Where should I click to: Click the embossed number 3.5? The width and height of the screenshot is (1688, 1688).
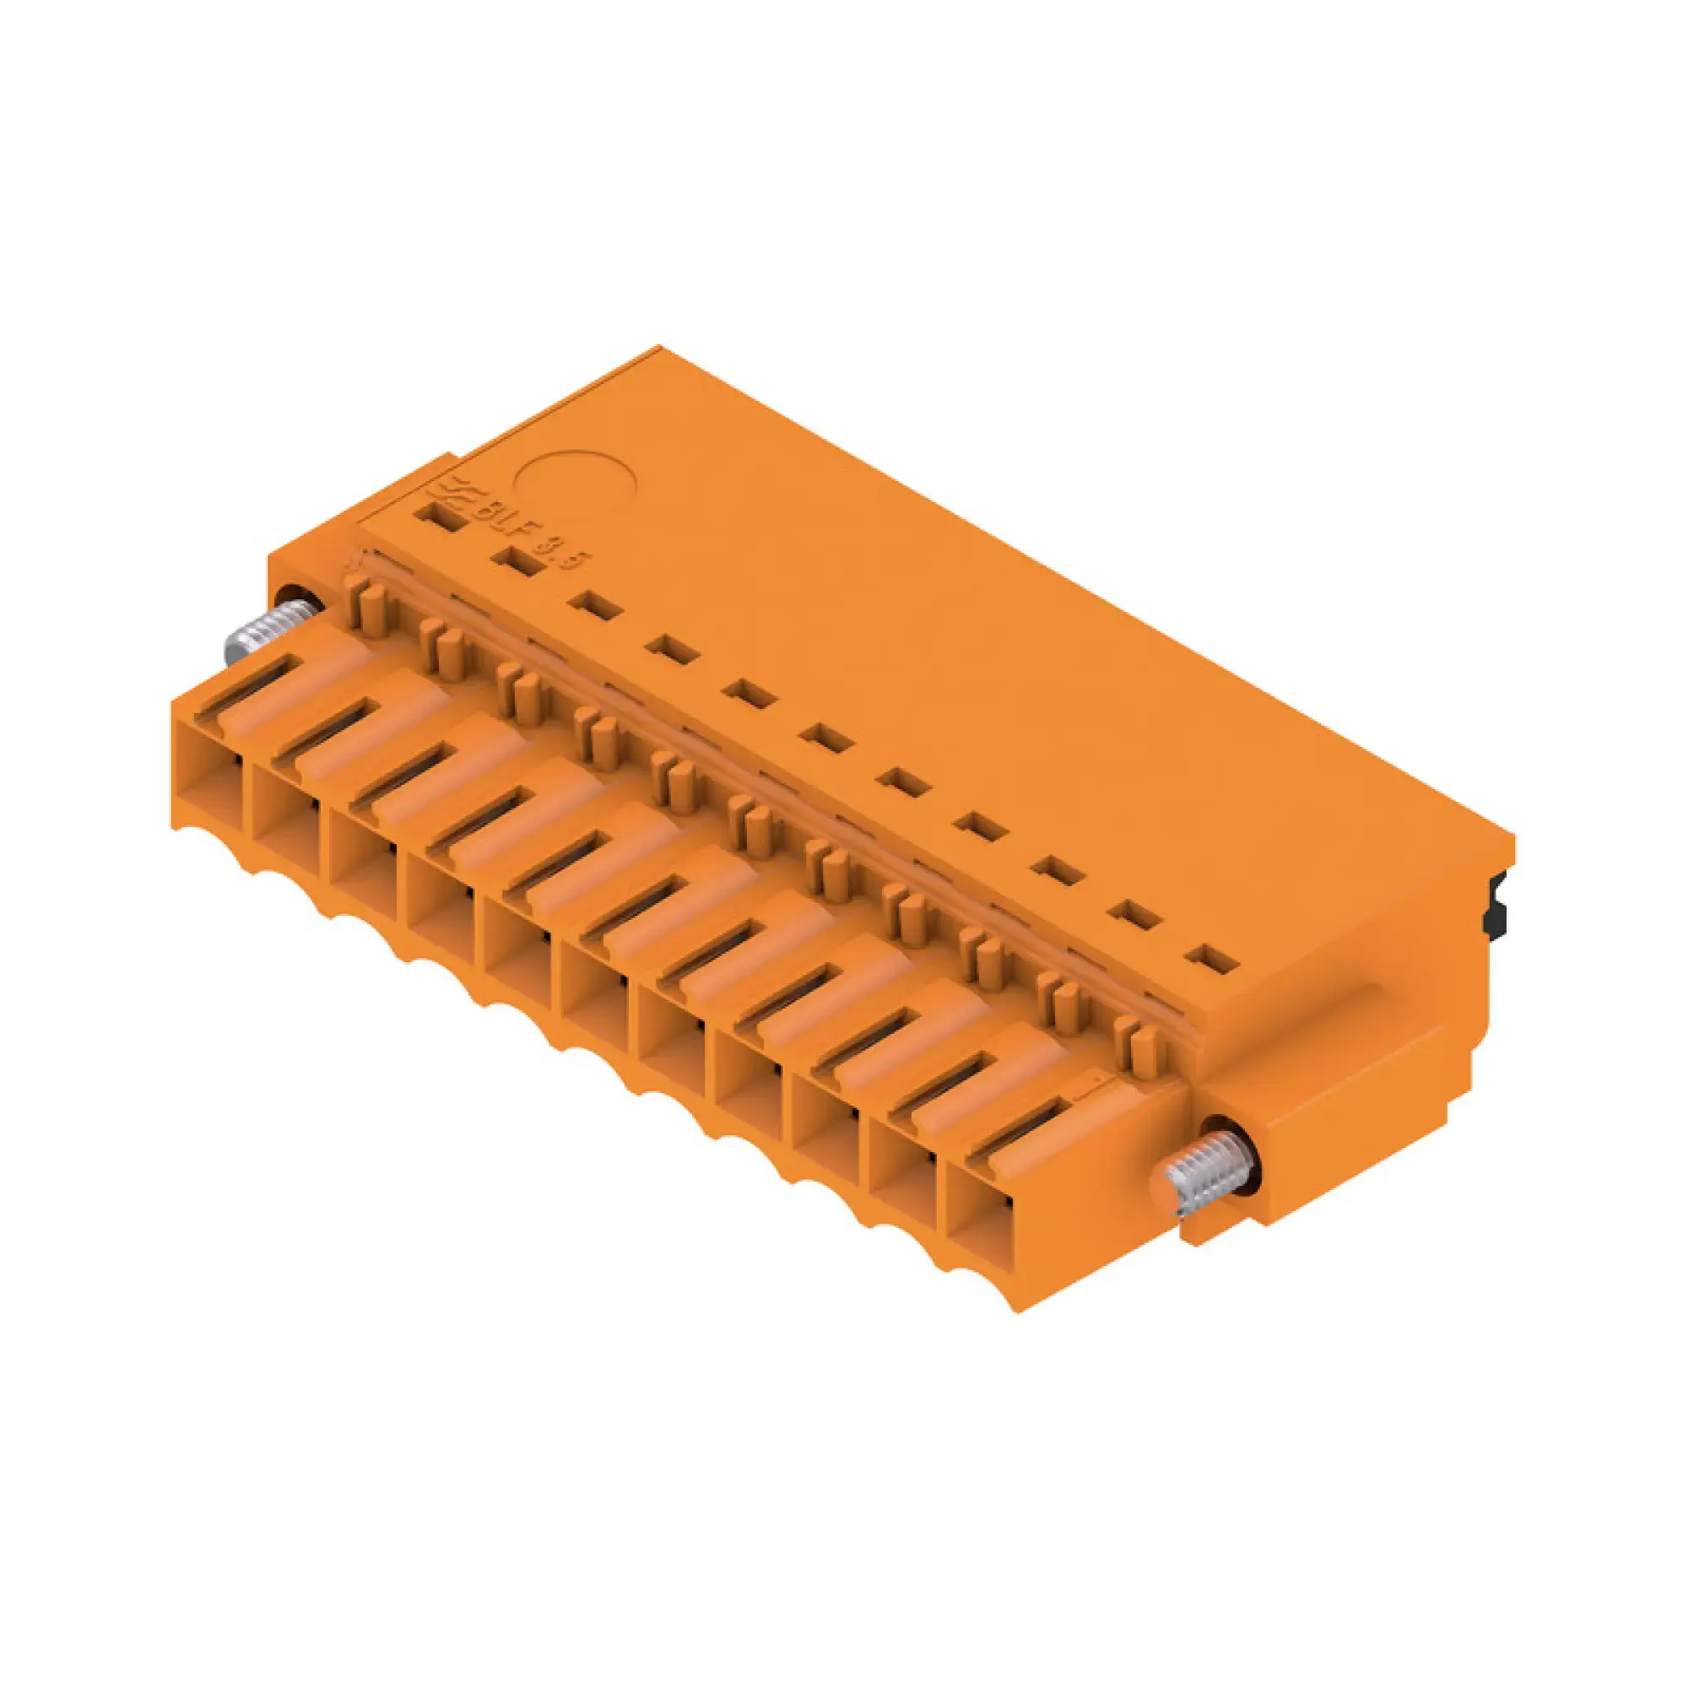tap(571, 556)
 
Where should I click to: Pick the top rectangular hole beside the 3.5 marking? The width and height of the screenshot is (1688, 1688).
tap(517, 564)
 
